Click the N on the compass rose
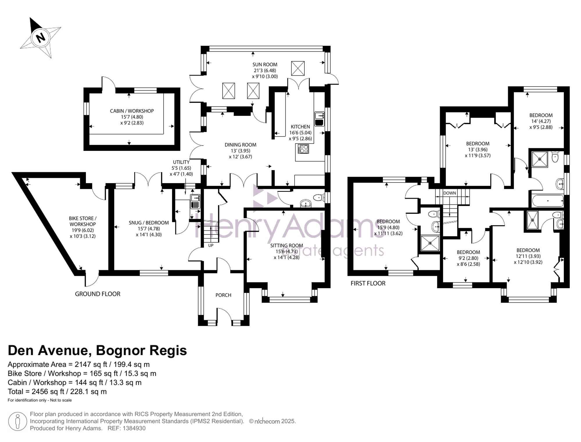[41, 37]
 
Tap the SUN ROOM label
[265, 65]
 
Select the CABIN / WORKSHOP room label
[132, 111]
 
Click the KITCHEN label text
[300, 127]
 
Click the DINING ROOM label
[241, 145]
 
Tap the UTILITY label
[181, 162]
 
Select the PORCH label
[223, 295]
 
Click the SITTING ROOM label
[287, 246]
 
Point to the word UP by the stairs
[211, 246]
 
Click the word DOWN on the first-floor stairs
[449, 193]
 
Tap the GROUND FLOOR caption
[98, 294]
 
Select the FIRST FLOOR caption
[368, 283]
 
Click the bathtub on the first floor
[548, 201]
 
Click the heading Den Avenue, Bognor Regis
[97, 350]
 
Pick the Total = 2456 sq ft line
[57, 391]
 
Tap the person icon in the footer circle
[18, 421]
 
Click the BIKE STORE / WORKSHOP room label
[83, 221]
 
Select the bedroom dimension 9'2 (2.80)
[468, 258]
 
